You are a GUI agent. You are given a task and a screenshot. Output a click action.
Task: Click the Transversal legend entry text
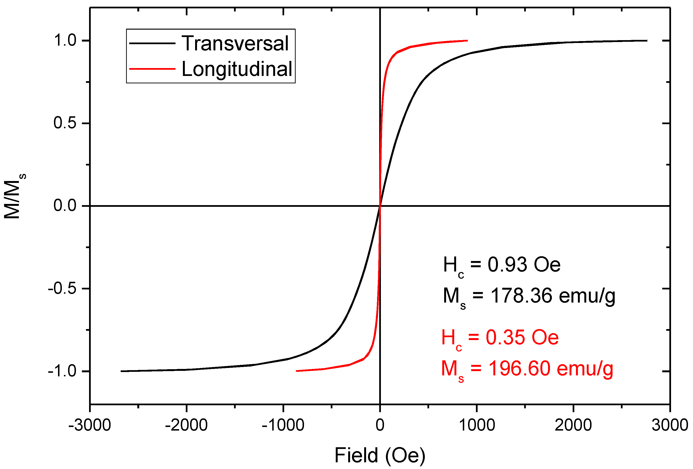coord(235,43)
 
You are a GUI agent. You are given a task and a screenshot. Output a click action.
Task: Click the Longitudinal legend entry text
coord(237,69)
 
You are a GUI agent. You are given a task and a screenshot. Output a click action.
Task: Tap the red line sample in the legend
coord(152,69)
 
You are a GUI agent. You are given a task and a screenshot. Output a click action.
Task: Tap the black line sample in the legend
coord(152,43)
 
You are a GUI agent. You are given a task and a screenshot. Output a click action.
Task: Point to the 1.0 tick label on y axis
coord(65,40)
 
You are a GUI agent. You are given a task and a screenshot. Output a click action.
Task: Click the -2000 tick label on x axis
coord(186,425)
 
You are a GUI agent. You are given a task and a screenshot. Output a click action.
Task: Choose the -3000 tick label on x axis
coord(90,425)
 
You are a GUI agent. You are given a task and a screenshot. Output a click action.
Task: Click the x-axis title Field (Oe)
coord(380,455)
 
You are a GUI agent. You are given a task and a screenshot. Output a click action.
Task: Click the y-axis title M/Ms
coord(13,197)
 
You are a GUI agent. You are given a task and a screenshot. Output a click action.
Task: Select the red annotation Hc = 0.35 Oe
coord(500,338)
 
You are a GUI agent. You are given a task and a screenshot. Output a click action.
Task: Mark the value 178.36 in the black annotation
coord(522,296)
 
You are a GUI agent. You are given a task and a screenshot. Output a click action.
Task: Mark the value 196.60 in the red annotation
coord(519,368)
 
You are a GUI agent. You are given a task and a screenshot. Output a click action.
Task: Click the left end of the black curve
coord(121,371)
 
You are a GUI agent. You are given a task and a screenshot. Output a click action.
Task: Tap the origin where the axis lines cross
coord(380,206)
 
